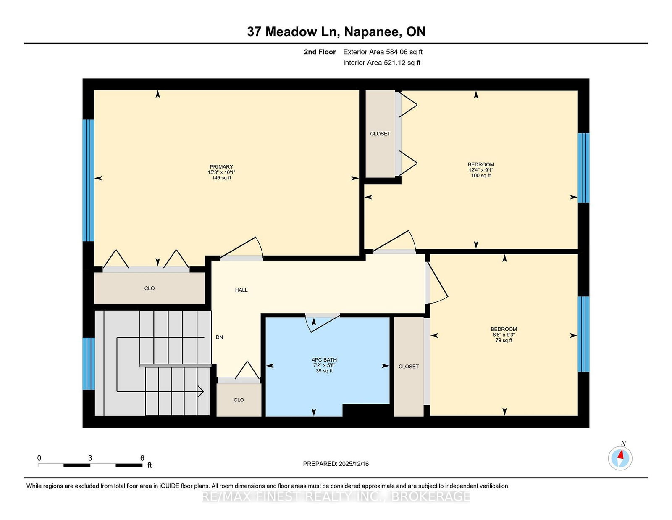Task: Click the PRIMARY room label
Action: pos(221,167)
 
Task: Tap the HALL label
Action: pos(241,290)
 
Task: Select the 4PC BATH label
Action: pos(324,360)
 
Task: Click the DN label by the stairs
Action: pos(219,338)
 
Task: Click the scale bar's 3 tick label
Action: pos(90,458)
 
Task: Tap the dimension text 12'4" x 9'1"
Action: pos(481,170)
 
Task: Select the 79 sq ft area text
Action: pos(504,340)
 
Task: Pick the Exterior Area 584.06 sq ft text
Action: pos(383,52)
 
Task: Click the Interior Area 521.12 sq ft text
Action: pos(382,63)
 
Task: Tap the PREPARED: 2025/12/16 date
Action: pos(336,464)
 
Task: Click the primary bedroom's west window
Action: pos(88,180)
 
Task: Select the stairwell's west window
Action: pos(89,363)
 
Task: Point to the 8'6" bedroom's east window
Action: pos(583,334)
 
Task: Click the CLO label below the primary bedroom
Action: pos(150,288)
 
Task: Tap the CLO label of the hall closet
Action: pos(239,400)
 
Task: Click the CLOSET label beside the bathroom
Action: pos(409,367)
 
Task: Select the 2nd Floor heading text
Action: pos(320,52)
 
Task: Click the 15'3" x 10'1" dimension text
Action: pos(221,172)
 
